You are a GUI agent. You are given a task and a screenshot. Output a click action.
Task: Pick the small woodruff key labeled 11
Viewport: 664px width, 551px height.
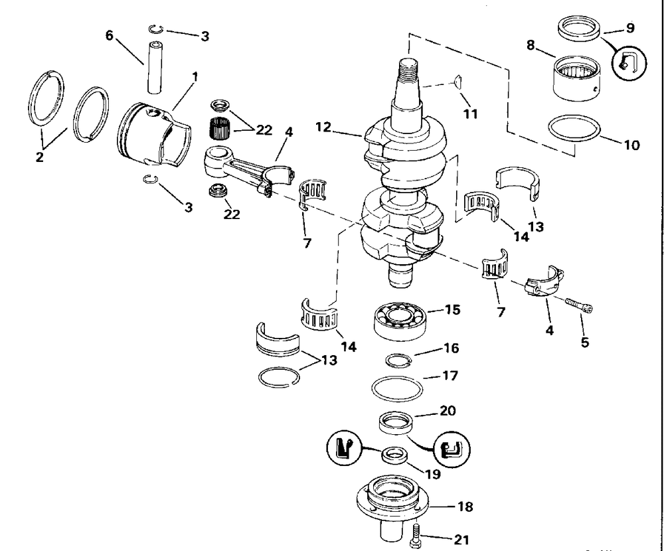click(457, 82)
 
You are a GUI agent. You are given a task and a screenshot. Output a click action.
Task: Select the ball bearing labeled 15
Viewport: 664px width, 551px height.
click(398, 320)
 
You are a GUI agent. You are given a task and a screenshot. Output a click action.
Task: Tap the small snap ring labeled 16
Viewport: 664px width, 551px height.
click(400, 360)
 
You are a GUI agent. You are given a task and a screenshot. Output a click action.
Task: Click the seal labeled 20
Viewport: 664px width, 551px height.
click(396, 424)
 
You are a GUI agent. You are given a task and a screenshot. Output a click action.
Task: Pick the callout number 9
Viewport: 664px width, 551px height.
click(629, 28)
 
